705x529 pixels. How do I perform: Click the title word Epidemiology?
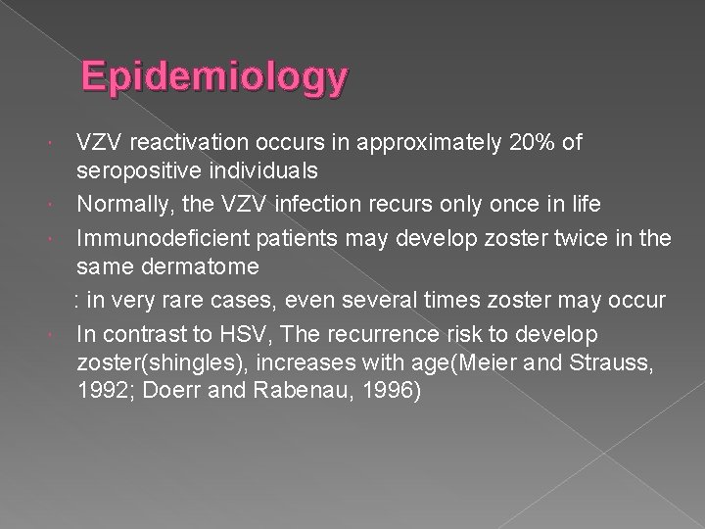point(214,77)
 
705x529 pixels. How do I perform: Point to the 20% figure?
point(521,143)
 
